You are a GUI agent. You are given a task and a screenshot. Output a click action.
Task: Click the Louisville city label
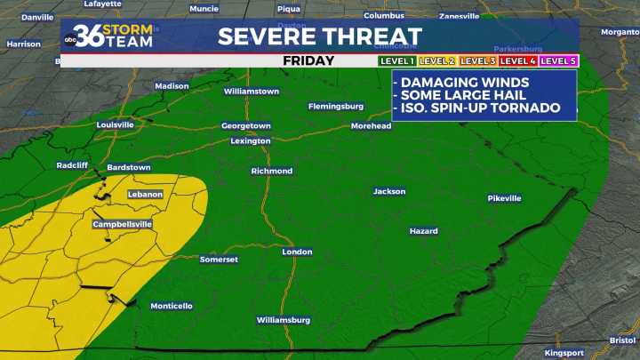pyautogui.click(x=115, y=125)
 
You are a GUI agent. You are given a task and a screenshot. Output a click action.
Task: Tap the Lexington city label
pyautogui.click(x=251, y=141)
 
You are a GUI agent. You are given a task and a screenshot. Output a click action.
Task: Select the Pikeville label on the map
pyautogui.click(x=504, y=198)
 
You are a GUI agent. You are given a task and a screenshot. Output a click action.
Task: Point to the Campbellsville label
pyautogui.click(x=123, y=225)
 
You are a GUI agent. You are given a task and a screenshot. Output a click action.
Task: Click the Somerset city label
pyautogui.click(x=219, y=260)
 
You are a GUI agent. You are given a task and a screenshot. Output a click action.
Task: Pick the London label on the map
pyautogui.click(x=297, y=252)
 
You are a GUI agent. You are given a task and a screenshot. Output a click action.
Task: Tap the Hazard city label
pyautogui.click(x=423, y=231)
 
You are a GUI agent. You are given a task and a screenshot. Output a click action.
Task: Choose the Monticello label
pyautogui.click(x=171, y=307)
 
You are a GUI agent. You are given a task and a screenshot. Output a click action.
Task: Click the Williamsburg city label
pyautogui.click(x=284, y=320)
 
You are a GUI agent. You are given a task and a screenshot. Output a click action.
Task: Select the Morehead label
pyautogui.click(x=371, y=126)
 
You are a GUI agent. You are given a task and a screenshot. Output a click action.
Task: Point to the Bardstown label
pyautogui.click(x=129, y=167)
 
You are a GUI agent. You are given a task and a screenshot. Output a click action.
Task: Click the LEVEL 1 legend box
pyautogui.click(x=396, y=60)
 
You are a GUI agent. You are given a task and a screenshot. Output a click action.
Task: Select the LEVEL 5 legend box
pyautogui.click(x=559, y=60)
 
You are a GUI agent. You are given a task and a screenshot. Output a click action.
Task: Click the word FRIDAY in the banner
pyautogui.click(x=308, y=60)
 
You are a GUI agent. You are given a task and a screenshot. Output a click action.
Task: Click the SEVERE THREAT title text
pyautogui.click(x=320, y=36)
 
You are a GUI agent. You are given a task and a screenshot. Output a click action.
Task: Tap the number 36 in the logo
pyautogui.click(x=89, y=36)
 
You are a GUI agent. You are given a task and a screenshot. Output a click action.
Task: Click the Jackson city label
pyautogui.click(x=389, y=191)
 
